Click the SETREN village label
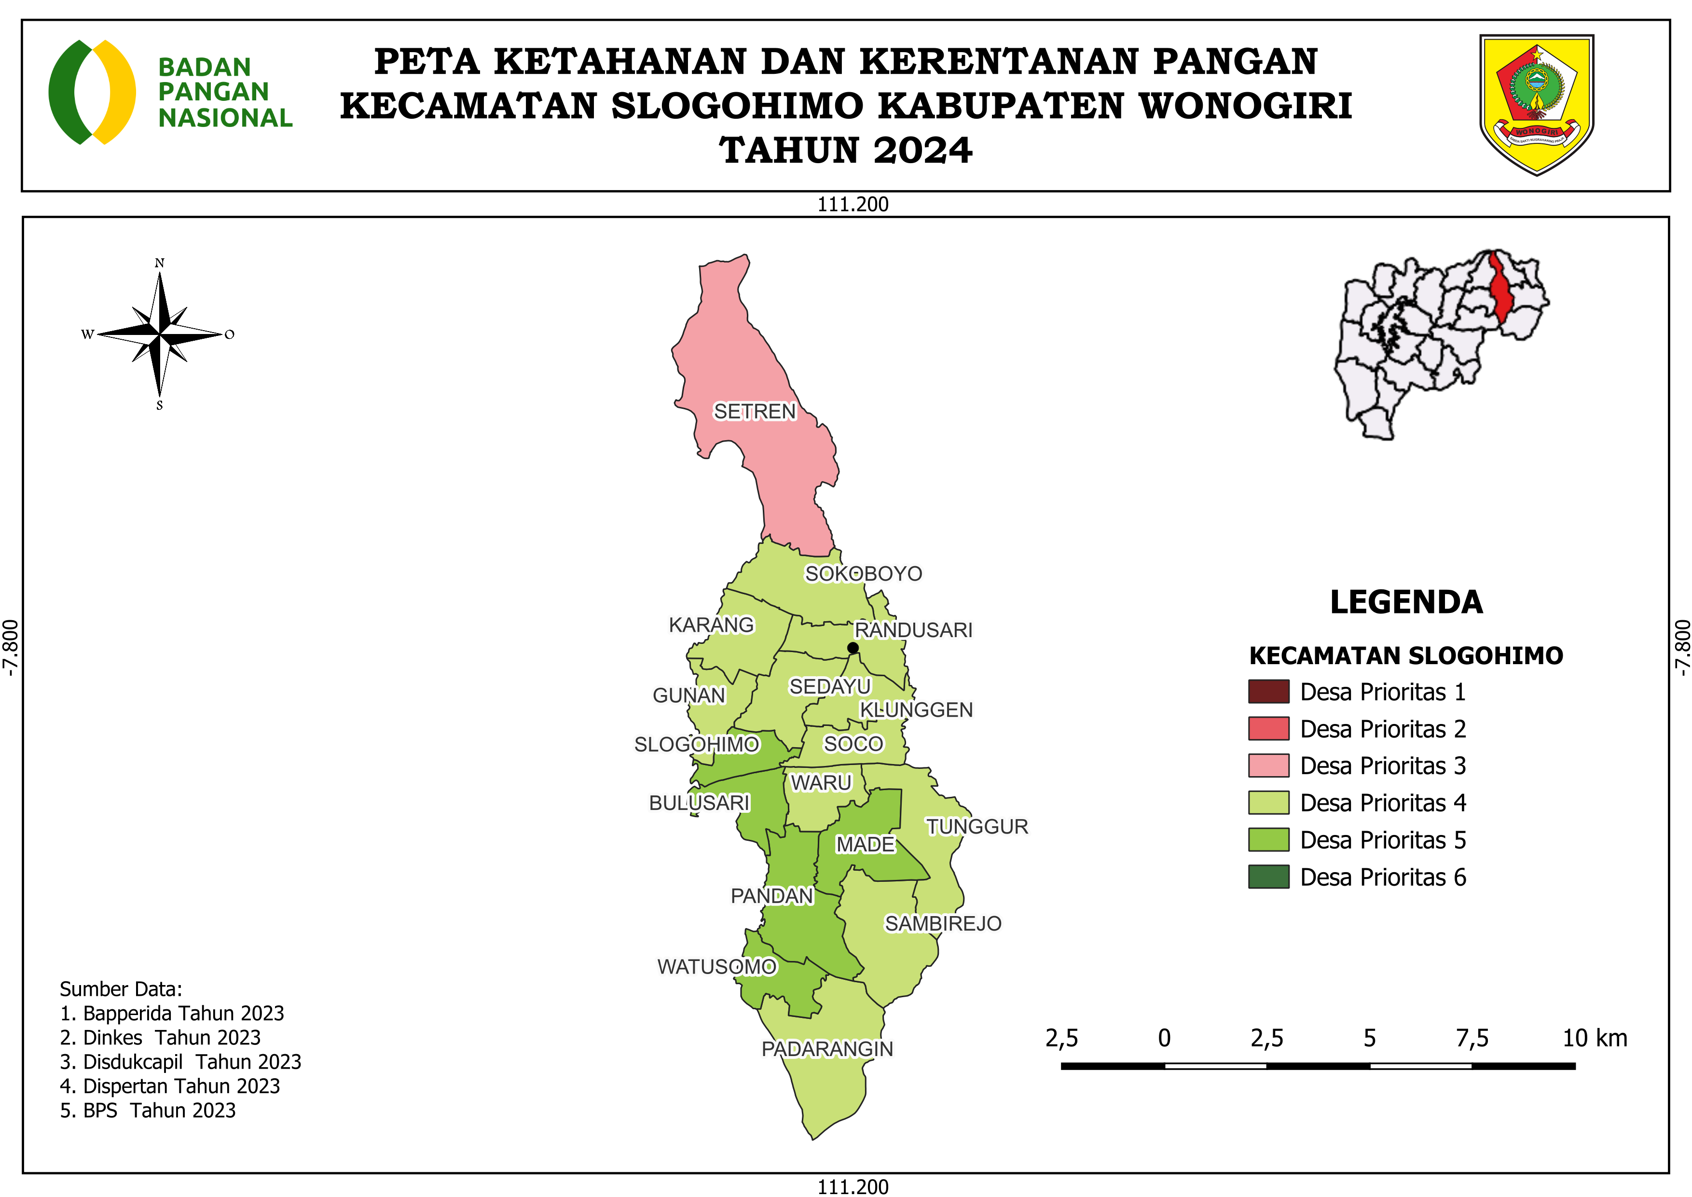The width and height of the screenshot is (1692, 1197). [x=755, y=411]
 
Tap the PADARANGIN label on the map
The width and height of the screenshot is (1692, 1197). [x=827, y=1049]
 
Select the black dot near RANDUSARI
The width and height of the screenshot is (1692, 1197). [x=853, y=648]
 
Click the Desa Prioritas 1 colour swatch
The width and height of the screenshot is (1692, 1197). [x=1268, y=691]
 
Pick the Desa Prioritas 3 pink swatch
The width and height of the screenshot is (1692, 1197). [x=1268, y=765]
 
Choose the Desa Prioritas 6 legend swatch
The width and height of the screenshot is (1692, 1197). [x=1268, y=877]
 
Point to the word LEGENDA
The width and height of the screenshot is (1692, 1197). [x=1406, y=602]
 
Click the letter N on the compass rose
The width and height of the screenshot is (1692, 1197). [x=159, y=263]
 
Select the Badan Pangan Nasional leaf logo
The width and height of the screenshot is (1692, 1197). [x=92, y=92]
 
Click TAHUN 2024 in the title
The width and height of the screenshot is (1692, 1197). [x=846, y=151]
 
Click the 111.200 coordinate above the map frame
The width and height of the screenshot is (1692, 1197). [x=853, y=204]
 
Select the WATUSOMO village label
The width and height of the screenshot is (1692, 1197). [x=716, y=966]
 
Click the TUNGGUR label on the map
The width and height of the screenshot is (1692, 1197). [x=977, y=826]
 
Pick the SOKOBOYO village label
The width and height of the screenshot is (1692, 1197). [x=863, y=573]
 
